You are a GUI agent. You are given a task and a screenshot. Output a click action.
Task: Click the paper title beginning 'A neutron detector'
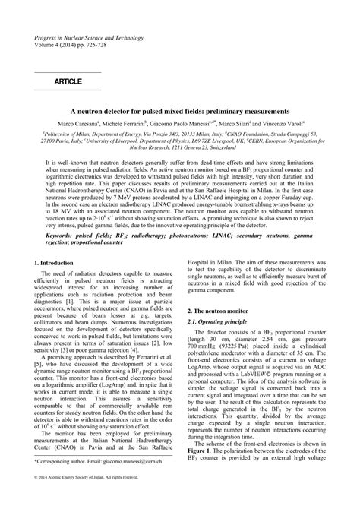pyautogui.click(x=180, y=110)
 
